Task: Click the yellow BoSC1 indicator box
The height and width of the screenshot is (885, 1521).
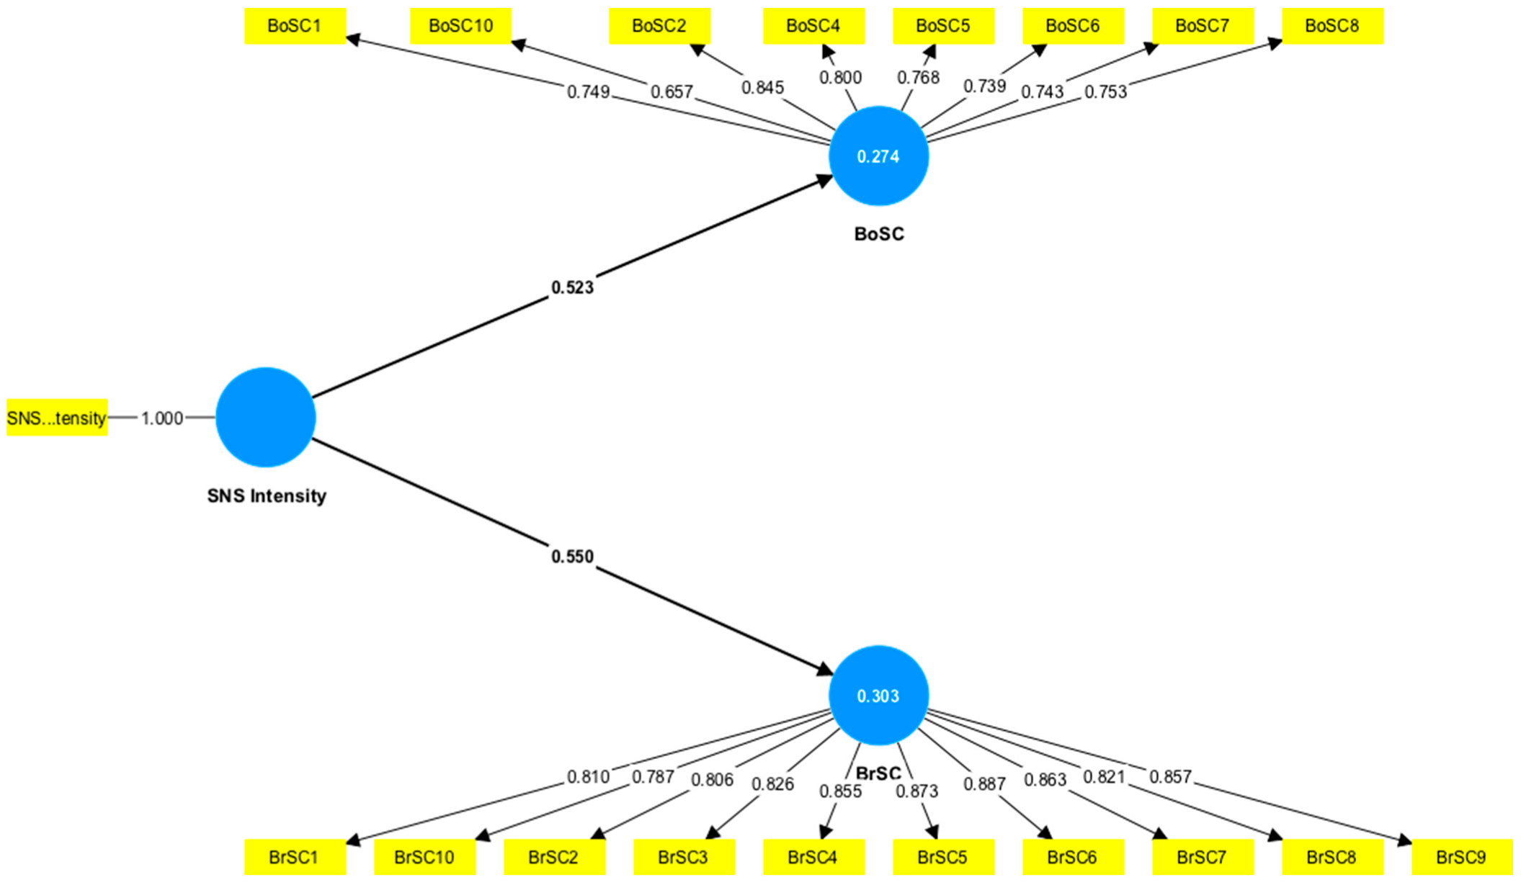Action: (x=295, y=27)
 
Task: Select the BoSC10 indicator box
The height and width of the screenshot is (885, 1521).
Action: (x=460, y=27)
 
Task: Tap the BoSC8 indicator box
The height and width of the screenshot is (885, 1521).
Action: (x=1332, y=27)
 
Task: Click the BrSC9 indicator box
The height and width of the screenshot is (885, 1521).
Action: (x=1461, y=857)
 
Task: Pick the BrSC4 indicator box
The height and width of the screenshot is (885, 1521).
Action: (x=813, y=857)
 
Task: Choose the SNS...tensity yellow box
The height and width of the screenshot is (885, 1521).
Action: (x=57, y=418)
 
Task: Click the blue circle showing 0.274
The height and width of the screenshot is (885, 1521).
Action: (x=878, y=156)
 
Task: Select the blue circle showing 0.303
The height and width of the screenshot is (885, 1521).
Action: (x=878, y=696)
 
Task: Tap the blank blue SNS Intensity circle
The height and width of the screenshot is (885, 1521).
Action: (x=266, y=417)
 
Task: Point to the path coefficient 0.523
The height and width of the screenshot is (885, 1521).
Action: (x=572, y=288)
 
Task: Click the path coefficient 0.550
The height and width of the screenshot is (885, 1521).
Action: (x=572, y=557)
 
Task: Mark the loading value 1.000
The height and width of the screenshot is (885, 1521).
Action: (x=161, y=418)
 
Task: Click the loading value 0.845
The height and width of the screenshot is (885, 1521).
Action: (x=762, y=88)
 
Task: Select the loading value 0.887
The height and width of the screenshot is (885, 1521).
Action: (x=984, y=784)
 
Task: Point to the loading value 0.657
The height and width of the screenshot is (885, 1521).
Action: (x=672, y=92)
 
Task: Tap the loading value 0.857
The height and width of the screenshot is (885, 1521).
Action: (x=1170, y=777)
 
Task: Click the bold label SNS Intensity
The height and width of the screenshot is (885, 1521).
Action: (x=267, y=496)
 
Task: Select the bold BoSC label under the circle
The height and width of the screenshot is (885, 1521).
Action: (x=878, y=234)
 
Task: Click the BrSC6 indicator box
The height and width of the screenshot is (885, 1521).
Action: (x=1072, y=857)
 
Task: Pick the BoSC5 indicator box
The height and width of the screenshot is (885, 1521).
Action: (x=942, y=27)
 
